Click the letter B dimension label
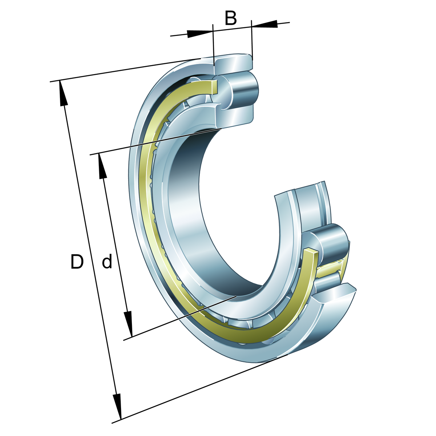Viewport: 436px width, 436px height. click(231, 18)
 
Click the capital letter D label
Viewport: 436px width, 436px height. click(77, 262)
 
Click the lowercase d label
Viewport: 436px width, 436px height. click(107, 262)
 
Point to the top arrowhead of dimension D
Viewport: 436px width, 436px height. click(63, 93)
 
